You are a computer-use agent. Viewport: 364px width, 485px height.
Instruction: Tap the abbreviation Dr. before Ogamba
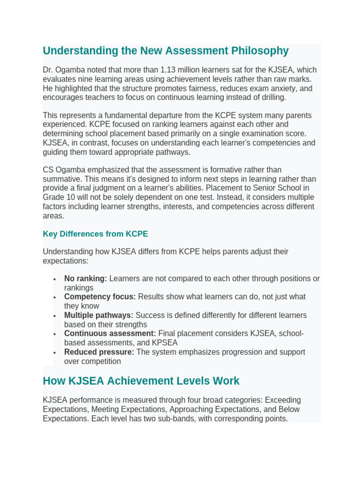(48, 70)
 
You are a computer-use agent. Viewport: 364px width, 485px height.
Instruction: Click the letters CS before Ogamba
(48, 170)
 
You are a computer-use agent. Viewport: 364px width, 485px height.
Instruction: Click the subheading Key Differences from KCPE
(95, 234)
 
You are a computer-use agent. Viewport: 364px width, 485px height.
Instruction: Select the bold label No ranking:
(86, 278)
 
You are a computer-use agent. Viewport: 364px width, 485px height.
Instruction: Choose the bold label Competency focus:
(100, 297)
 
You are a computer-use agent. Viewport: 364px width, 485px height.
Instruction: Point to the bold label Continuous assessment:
(110, 334)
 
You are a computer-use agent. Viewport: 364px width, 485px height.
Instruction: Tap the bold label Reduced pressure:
(99, 352)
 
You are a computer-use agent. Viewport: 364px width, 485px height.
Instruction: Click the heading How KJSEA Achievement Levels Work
(141, 381)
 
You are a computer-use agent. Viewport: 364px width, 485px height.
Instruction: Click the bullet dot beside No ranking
(55, 279)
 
